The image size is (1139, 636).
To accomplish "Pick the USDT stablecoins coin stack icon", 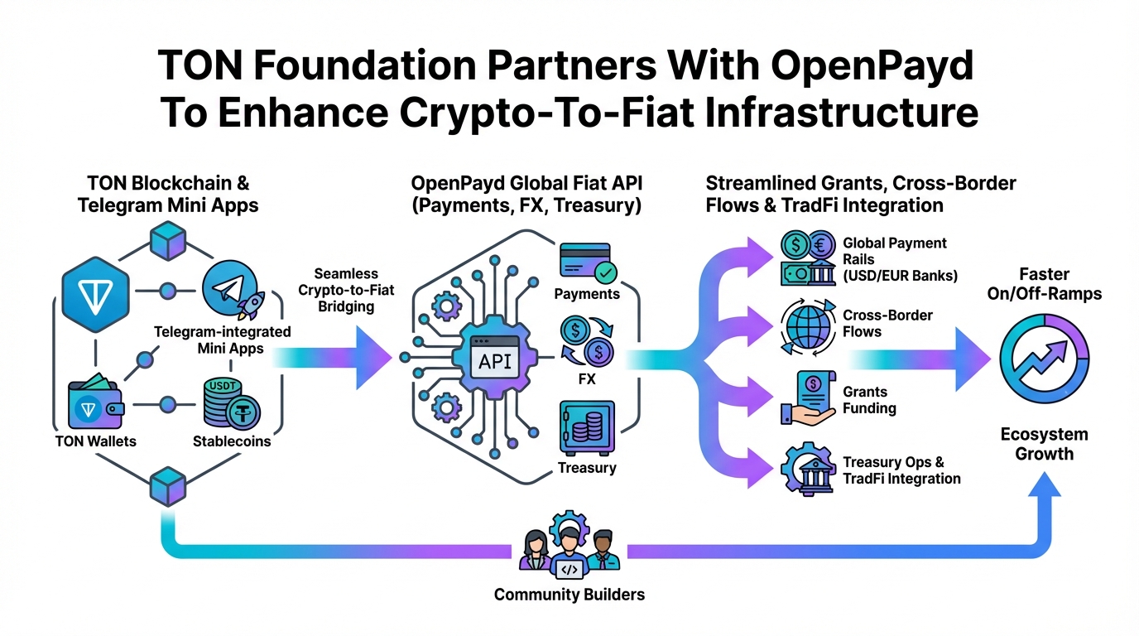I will (231, 402).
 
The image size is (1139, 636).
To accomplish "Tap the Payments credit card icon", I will (585, 263).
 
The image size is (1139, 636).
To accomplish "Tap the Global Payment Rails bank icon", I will (808, 256).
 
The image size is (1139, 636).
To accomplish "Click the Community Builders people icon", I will (569, 550).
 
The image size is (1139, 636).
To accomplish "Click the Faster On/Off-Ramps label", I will (1044, 283).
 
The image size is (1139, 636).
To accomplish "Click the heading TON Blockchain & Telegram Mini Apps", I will (168, 193).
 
